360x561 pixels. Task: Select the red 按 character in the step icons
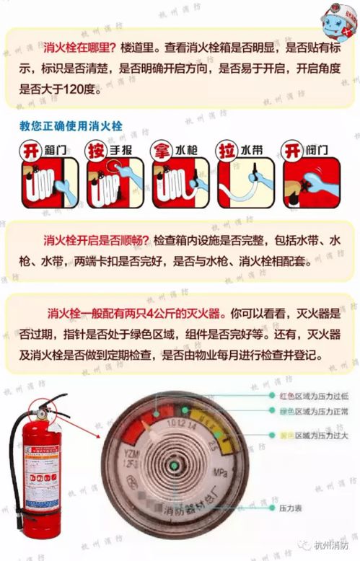(x=97, y=149)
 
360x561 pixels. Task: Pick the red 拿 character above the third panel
(x=162, y=149)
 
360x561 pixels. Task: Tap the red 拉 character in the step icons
(x=227, y=149)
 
